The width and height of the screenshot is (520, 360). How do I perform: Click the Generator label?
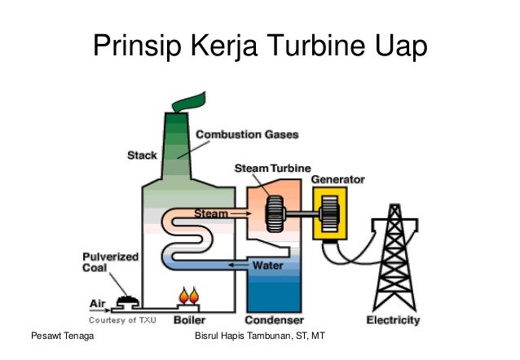(x=337, y=178)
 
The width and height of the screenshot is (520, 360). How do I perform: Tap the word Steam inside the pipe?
(x=210, y=213)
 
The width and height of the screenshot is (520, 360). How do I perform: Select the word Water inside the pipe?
(x=267, y=266)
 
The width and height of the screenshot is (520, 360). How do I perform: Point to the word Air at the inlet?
(x=97, y=303)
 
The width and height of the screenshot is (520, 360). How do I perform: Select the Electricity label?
(x=393, y=320)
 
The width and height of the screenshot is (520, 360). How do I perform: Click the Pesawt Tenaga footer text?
(x=60, y=337)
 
